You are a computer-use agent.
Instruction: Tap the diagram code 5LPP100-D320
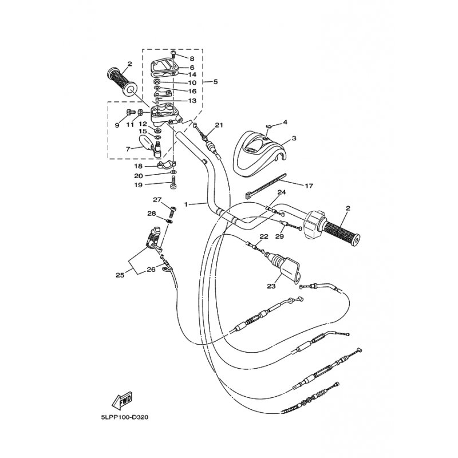[x=125, y=417]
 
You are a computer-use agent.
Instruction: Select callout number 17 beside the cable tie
[x=309, y=185]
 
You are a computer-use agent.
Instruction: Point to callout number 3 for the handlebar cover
[x=294, y=138]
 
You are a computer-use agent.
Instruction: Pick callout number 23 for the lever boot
[x=271, y=286]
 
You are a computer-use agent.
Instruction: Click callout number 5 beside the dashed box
[x=215, y=81]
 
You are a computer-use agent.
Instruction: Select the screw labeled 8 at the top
[x=173, y=53]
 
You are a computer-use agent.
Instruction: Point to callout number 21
[x=219, y=125]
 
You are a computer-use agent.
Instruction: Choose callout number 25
[x=120, y=275]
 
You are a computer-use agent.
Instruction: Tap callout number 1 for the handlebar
[x=186, y=204]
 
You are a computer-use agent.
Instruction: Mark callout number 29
[x=279, y=236]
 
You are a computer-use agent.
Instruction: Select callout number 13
[x=192, y=101]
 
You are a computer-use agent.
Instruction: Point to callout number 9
[x=117, y=125]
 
